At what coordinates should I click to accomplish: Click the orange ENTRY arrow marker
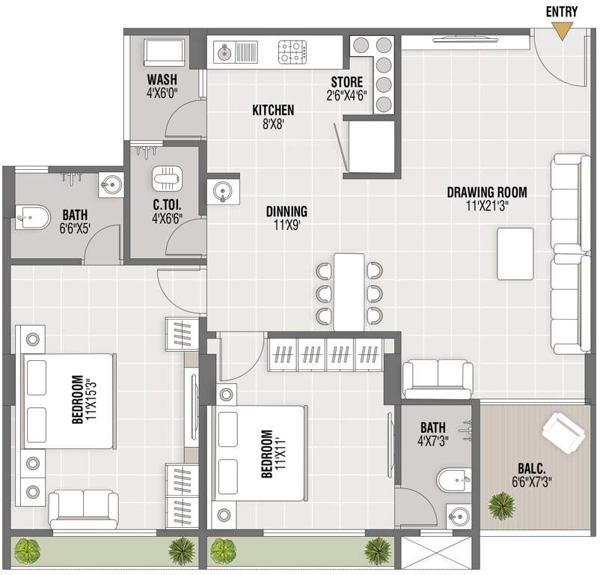pos(561,30)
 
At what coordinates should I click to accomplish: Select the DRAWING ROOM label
pos(487,192)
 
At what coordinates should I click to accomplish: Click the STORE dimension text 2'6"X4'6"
pos(347,95)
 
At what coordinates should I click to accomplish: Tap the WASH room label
pos(162,80)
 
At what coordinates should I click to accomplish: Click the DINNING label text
pos(287,212)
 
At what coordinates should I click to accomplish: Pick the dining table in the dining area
pos(349,292)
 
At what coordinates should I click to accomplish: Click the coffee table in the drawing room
pos(515,253)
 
